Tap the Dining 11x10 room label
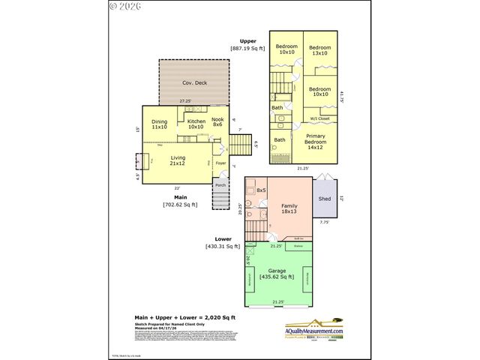point(159,124)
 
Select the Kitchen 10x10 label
point(196,124)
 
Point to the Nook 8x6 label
point(217,121)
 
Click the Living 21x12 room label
point(178,160)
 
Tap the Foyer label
point(220,163)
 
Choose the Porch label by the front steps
point(220,184)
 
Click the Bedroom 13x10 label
point(320,50)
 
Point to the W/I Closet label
point(319,118)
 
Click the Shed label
point(324,199)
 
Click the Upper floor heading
point(247,41)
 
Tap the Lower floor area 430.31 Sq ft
point(222,246)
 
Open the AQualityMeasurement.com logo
point(314,331)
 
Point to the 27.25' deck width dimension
point(184,101)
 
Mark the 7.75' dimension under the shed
point(325,222)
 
